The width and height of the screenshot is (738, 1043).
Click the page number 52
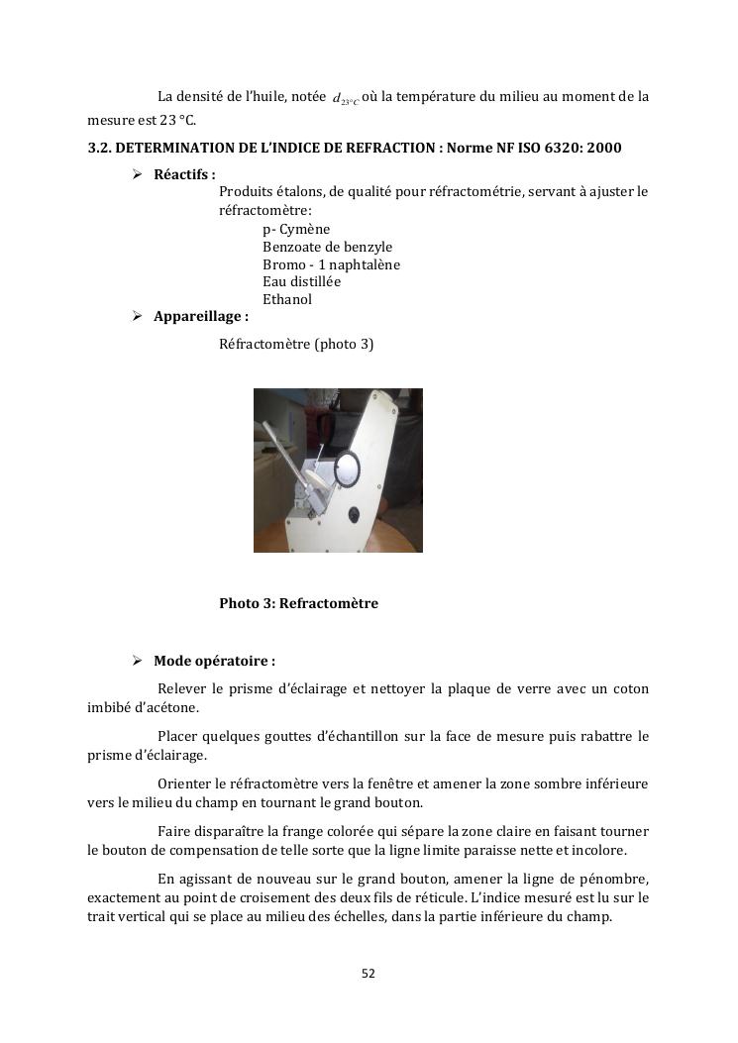[x=369, y=974]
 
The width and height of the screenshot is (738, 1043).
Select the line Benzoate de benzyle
[x=327, y=247]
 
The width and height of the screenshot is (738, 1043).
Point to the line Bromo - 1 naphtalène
[x=331, y=264]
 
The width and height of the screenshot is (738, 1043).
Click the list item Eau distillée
[x=301, y=281]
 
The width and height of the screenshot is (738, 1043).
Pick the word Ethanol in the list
[x=287, y=299]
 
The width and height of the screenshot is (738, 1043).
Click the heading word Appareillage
[x=197, y=317]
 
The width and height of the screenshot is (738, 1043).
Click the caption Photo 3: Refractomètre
[x=298, y=603]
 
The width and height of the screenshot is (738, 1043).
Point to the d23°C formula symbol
[x=346, y=99]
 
